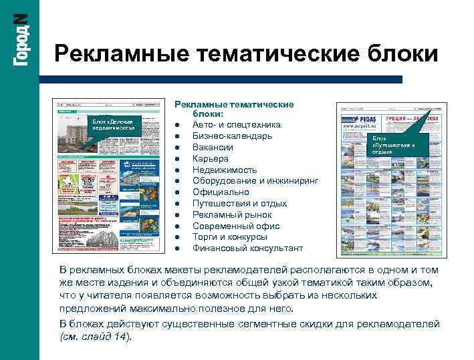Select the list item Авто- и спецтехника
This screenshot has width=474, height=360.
[x=237, y=125]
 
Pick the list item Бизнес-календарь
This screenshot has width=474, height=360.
[x=232, y=136]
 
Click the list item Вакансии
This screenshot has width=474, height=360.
[x=213, y=148]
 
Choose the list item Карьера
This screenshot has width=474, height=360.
[x=211, y=159]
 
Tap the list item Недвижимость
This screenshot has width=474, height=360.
[x=224, y=170]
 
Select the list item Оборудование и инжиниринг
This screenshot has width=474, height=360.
[x=255, y=181]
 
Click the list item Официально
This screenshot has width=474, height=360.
[x=221, y=192]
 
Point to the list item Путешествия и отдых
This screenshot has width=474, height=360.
[x=239, y=204]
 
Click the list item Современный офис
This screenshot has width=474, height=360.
[x=236, y=226]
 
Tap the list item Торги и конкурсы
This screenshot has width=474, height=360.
[x=230, y=237]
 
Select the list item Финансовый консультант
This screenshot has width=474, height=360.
[x=247, y=248]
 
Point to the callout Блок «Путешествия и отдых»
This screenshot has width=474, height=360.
[x=394, y=144]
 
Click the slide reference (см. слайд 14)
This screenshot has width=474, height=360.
[x=96, y=337]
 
